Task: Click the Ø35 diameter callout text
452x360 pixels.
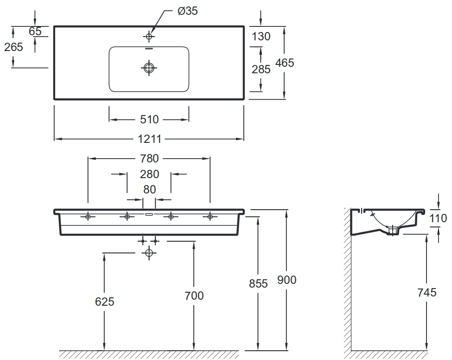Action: pos(188,11)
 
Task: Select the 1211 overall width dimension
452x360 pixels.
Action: pos(149,139)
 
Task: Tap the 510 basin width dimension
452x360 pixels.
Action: pos(149,119)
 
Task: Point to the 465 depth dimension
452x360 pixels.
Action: pos(285,63)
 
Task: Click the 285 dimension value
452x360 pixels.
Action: pos(261,69)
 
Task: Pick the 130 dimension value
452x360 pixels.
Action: pos(261,36)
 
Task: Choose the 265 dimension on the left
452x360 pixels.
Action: pos(13,47)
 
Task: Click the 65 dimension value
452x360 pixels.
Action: pos(35,31)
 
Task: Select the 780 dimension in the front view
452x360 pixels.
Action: pos(149,158)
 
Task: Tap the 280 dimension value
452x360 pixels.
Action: pos(149,174)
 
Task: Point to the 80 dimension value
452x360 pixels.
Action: pos(149,190)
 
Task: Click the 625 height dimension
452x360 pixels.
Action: pos(105,302)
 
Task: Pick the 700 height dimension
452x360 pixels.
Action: pos(194,296)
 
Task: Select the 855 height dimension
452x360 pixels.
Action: pos(258,284)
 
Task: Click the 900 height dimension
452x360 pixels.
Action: pos(286,280)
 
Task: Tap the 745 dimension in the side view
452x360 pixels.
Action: pos(427,293)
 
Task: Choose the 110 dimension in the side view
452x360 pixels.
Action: pos(438,219)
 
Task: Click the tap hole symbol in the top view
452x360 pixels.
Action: pos(149,36)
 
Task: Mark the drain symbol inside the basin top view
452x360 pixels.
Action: pos(149,68)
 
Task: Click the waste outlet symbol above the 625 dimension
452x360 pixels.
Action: pos(149,253)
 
